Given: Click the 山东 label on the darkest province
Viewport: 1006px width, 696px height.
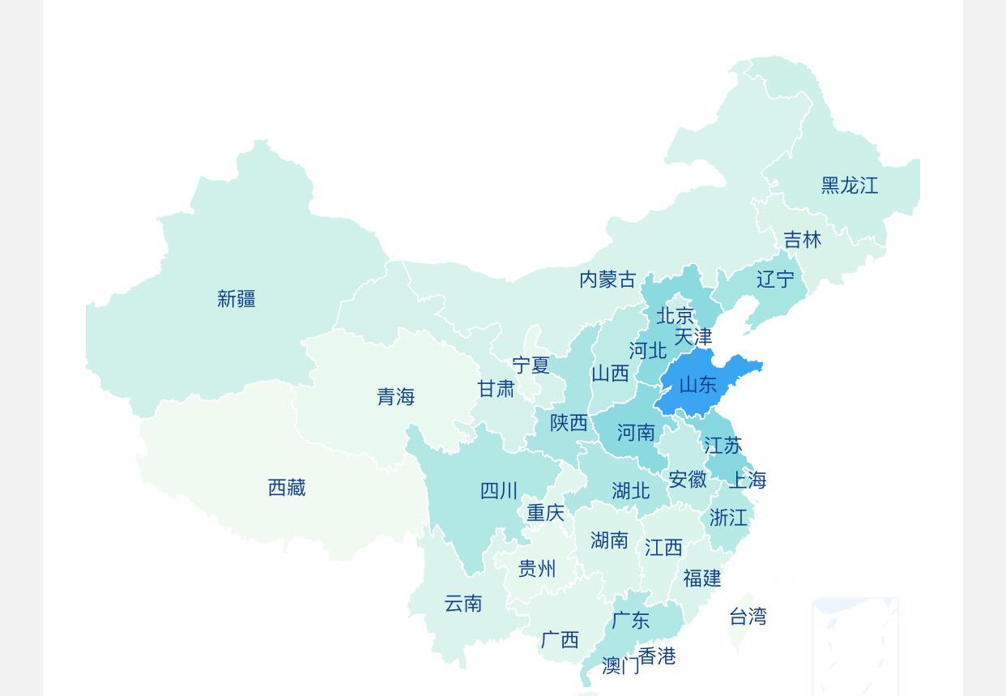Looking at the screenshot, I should coord(697,385).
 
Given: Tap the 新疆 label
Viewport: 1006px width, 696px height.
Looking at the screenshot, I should coord(237,299).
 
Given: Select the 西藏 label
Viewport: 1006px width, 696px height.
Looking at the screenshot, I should coord(287,488).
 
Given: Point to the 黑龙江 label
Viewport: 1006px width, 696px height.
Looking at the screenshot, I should coord(849,186).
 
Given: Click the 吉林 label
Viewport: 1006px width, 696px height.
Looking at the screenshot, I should coord(802,240).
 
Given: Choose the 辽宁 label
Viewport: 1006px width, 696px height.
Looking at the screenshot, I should coord(775,280).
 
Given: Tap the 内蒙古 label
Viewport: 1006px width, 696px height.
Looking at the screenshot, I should coord(607,280).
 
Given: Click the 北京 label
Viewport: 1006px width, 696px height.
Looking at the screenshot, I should coord(675,315).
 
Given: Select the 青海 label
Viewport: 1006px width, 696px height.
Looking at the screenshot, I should coord(395,397).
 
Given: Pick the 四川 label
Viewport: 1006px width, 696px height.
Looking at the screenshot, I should coord(499,491).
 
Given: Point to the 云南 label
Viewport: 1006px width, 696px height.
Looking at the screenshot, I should coord(463,604).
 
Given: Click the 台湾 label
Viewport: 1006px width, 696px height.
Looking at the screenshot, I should coord(748,617).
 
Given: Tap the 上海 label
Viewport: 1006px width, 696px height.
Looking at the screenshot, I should coord(747,480).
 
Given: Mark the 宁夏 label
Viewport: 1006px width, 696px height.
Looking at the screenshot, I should coord(531,365).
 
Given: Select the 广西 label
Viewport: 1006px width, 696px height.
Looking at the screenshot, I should coord(560,640).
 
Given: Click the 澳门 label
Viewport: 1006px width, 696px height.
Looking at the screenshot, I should coord(620,666).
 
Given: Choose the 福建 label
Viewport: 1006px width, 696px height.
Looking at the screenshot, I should coord(701,579).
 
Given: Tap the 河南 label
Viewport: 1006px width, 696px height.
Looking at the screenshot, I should coord(636,433).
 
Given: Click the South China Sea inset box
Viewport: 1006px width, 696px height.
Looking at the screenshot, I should coord(855,646).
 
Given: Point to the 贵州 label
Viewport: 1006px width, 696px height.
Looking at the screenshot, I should coord(537,569).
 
